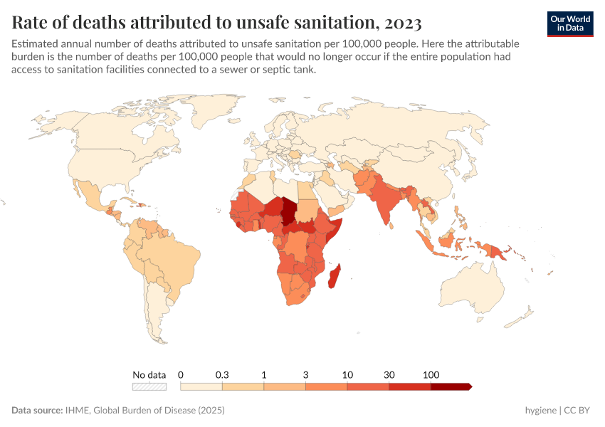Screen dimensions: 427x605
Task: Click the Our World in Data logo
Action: coord(569,23)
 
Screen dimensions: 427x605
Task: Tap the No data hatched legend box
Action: coord(149,386)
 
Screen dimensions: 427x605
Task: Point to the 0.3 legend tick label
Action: coord(222,374)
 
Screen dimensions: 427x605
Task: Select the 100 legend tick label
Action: coord(431,374)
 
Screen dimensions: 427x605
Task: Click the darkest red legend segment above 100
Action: coord(451,386)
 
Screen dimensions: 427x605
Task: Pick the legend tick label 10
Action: coord(347,374)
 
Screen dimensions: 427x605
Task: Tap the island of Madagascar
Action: coord(332,275)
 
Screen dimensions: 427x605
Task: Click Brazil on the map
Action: coord(167,256)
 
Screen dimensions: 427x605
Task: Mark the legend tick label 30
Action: coord(389,374)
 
